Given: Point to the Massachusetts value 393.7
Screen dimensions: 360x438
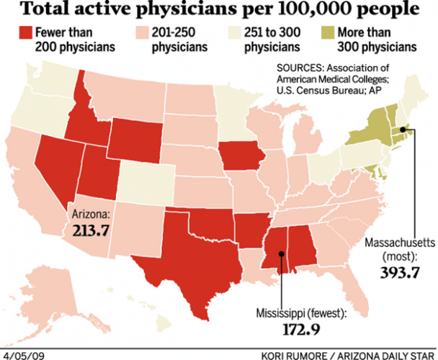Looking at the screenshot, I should [x=395, y=272].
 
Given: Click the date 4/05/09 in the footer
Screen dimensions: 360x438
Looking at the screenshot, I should [x=22, y=354].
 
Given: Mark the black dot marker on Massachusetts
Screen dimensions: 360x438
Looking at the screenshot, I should [x=403, y=130].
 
